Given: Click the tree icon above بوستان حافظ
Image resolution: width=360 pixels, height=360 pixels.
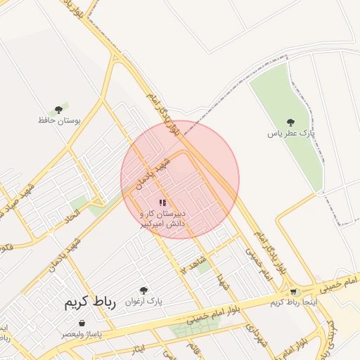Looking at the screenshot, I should pos(59,110).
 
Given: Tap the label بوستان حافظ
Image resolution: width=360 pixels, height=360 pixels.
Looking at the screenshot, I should pos(59,120).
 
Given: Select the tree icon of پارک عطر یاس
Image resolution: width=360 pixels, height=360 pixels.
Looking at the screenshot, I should pos(291,122).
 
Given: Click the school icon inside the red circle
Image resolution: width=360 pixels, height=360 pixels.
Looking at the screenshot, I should pos(162,202).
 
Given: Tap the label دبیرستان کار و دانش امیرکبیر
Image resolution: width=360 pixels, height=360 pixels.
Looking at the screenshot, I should pos(162,217).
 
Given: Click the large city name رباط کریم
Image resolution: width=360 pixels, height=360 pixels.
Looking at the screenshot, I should pos(89,303).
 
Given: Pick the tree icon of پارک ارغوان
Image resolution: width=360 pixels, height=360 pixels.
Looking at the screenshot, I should pos(144,290).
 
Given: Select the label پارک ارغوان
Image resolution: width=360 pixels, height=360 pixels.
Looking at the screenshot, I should pos(144,301).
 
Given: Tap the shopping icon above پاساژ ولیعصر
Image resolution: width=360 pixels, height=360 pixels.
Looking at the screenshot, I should pos(82,323).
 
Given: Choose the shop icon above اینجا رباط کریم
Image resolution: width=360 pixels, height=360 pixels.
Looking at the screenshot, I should pos(294,292).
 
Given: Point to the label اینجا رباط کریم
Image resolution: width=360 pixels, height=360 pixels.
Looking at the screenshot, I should pos(294,302).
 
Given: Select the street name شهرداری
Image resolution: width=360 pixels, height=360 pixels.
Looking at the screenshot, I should pos(252,333).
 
